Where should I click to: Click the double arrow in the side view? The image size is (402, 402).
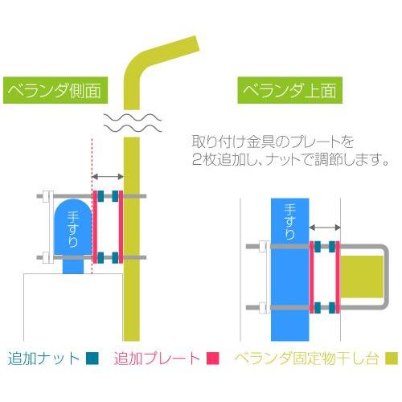(108, 176)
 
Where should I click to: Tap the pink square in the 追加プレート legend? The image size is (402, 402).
(214, 359)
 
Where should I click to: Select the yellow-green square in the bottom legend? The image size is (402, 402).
(392, 359)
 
